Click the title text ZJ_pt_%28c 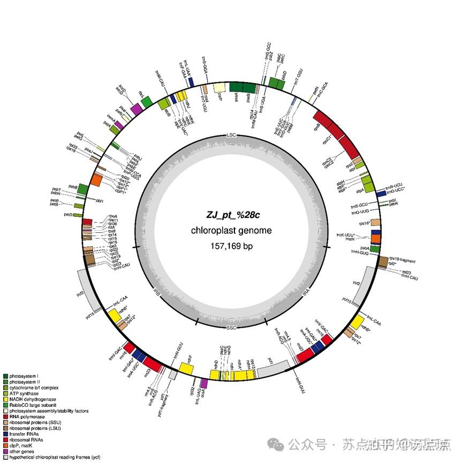tap(231, 215)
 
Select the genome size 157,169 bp tap(231, 246)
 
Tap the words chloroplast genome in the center tap(231, 231)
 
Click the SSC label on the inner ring tap(231, 328)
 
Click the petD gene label tap(67, 215)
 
